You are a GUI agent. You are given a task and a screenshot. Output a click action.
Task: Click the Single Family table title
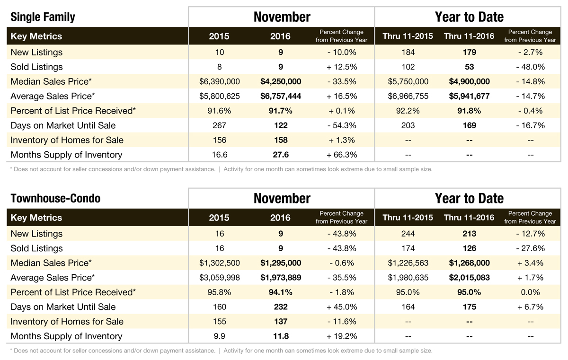43,18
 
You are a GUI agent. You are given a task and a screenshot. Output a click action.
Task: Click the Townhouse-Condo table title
55,198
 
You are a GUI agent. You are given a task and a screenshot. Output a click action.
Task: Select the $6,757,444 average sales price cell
281,97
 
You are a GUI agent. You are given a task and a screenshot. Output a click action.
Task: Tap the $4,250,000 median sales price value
281,82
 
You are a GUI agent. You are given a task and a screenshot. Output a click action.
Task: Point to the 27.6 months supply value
280,155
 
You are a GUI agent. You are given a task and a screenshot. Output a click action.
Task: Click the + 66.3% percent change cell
341,155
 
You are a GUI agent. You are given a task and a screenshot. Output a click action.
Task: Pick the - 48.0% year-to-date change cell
530,67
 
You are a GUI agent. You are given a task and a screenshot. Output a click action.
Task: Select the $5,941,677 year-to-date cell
469,97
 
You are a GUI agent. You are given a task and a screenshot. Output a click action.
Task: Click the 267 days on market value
219,126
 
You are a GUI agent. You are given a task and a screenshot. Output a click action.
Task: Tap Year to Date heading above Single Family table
469,17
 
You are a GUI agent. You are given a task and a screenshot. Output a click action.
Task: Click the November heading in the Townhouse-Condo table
282,198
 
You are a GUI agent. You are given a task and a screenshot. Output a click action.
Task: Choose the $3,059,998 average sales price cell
219,278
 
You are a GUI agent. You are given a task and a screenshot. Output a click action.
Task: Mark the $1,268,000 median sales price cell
469,263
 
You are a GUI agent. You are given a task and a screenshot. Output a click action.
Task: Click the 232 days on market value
280,307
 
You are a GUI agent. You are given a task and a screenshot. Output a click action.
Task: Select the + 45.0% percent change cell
341,307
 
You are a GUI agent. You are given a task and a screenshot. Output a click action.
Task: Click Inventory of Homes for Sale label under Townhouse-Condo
67,322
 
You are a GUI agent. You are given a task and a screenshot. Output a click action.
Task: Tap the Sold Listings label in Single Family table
36,67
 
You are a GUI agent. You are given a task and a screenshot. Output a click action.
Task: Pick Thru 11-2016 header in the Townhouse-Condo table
469,218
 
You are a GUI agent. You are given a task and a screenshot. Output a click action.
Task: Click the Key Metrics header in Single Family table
36,36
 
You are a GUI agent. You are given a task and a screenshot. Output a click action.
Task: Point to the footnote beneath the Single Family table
221,169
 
